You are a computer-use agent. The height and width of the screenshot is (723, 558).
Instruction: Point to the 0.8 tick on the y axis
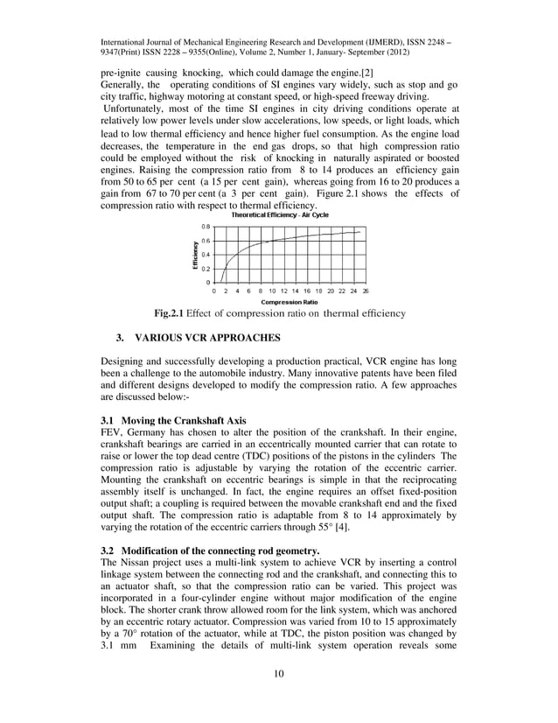pos(205,226)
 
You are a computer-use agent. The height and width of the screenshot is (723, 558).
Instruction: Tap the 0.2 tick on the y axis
pos(205,269)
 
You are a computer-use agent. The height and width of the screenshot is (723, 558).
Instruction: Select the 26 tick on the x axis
pos(365,290)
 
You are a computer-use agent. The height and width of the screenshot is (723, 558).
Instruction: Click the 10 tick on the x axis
pos(272,290)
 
